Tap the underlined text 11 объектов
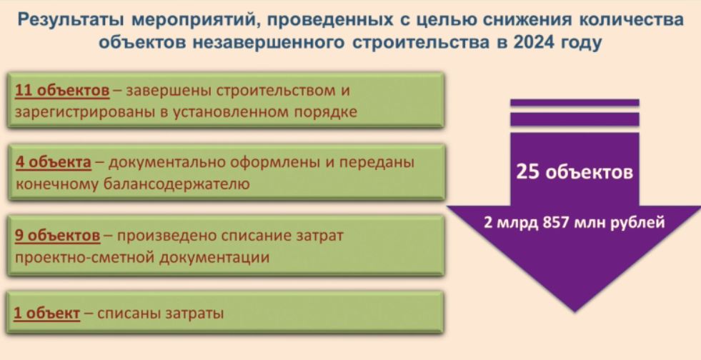62,91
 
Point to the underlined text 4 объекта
53,163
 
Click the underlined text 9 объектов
58,236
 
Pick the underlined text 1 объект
47,313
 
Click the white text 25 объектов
575,172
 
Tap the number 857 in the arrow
556,222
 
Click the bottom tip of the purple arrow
575,311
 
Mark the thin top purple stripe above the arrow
575,103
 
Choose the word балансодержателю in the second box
177,184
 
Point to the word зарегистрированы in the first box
85,111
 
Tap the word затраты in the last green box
194,313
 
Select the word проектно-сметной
84,258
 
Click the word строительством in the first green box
276,91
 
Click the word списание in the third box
257,236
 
